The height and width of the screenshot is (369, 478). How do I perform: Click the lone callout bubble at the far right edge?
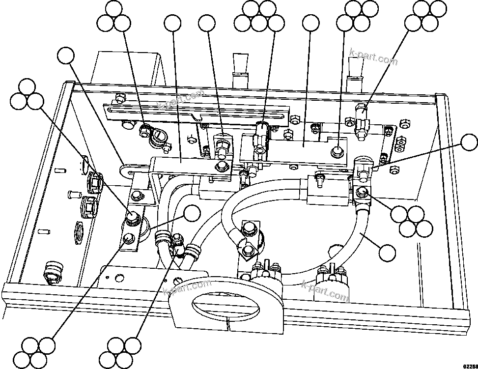(468, 143)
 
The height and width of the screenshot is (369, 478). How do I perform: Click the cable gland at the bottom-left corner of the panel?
(52, 272)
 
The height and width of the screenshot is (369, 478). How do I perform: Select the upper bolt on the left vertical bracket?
(132, 216)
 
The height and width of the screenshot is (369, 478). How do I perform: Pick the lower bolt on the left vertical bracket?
(128, 239)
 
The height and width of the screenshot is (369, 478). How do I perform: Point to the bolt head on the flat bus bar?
(337, 150)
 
